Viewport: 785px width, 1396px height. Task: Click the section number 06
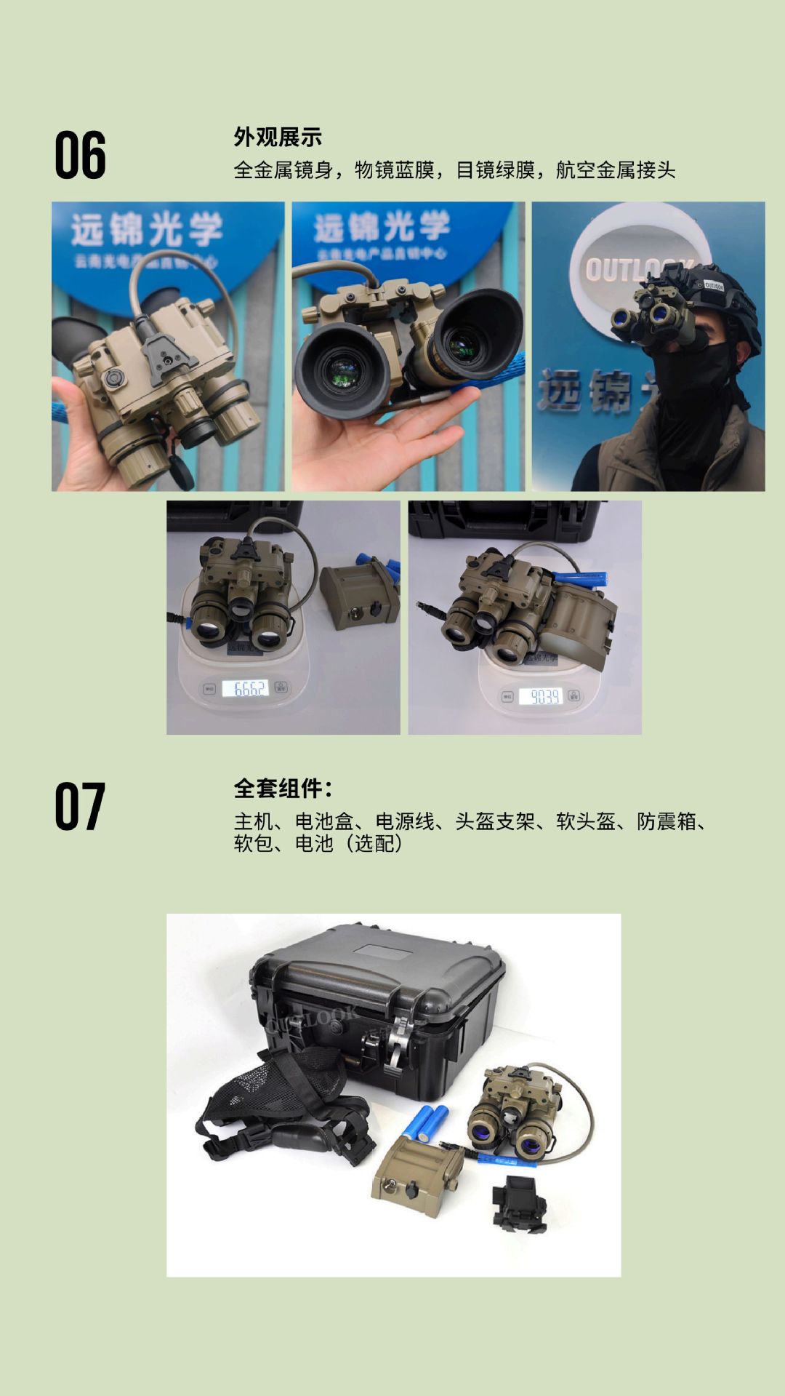pos(80,155)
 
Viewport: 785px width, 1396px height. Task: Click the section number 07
pos(80,806)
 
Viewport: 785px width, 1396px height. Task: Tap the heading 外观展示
pos(278,137)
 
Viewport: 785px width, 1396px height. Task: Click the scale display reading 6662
pos(246,688)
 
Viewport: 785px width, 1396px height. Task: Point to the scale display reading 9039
pos(544,697)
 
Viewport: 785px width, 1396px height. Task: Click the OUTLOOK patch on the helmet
pos(713,285)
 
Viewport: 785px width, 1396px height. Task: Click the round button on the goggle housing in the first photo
pos(115,379)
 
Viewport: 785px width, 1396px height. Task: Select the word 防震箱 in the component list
pos(667,821)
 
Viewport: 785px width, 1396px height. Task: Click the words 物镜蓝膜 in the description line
pos(394,170)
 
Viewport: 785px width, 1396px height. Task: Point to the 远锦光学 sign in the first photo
pos(145,229)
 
